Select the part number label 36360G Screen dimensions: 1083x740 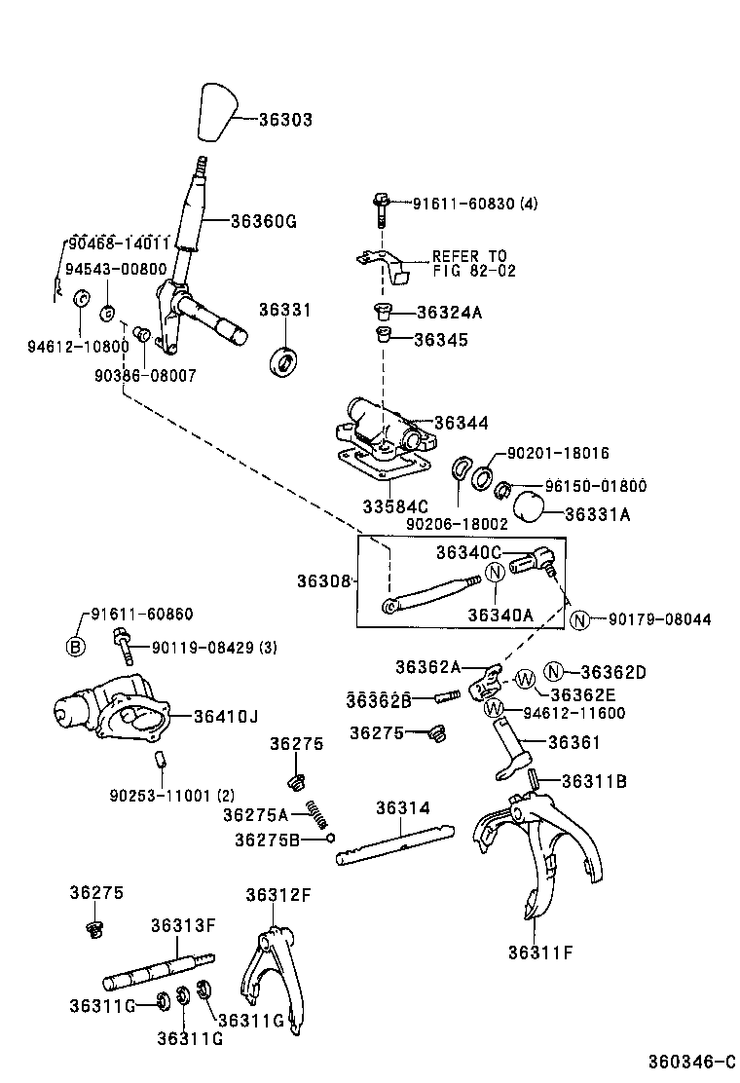[263, 221]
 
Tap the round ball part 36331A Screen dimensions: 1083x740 [528, 506]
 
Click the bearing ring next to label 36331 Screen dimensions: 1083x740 [284, 363]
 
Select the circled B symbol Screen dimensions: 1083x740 [76, 647]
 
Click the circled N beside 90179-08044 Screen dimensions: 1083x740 [580, 618]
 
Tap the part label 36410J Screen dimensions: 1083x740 [225, 717]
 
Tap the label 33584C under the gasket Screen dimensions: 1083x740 [395, 506]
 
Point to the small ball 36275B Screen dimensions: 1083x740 [331, 838]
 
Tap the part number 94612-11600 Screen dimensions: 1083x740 [574, 713]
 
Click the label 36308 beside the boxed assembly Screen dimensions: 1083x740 [324, 581]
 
